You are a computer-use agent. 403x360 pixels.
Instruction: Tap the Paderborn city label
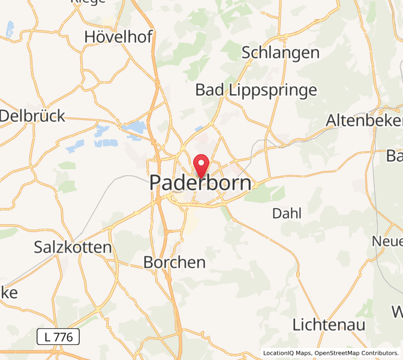pos(200,183)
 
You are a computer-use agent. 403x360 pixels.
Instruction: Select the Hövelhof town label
pos(118,37)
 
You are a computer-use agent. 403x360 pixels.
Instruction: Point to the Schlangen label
pos(281,53)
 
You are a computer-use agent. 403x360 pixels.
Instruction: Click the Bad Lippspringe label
pos(256,91)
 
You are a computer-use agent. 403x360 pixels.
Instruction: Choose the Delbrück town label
pos(32,116)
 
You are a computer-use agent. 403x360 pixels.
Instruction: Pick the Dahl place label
pos(287,213)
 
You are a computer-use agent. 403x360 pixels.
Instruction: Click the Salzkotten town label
pos(73,247)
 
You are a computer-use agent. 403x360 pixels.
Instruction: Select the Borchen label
pos(175,262)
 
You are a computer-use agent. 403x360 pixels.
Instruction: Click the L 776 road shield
pos(58,337)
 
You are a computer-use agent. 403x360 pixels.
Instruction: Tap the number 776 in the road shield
pos(63,337)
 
